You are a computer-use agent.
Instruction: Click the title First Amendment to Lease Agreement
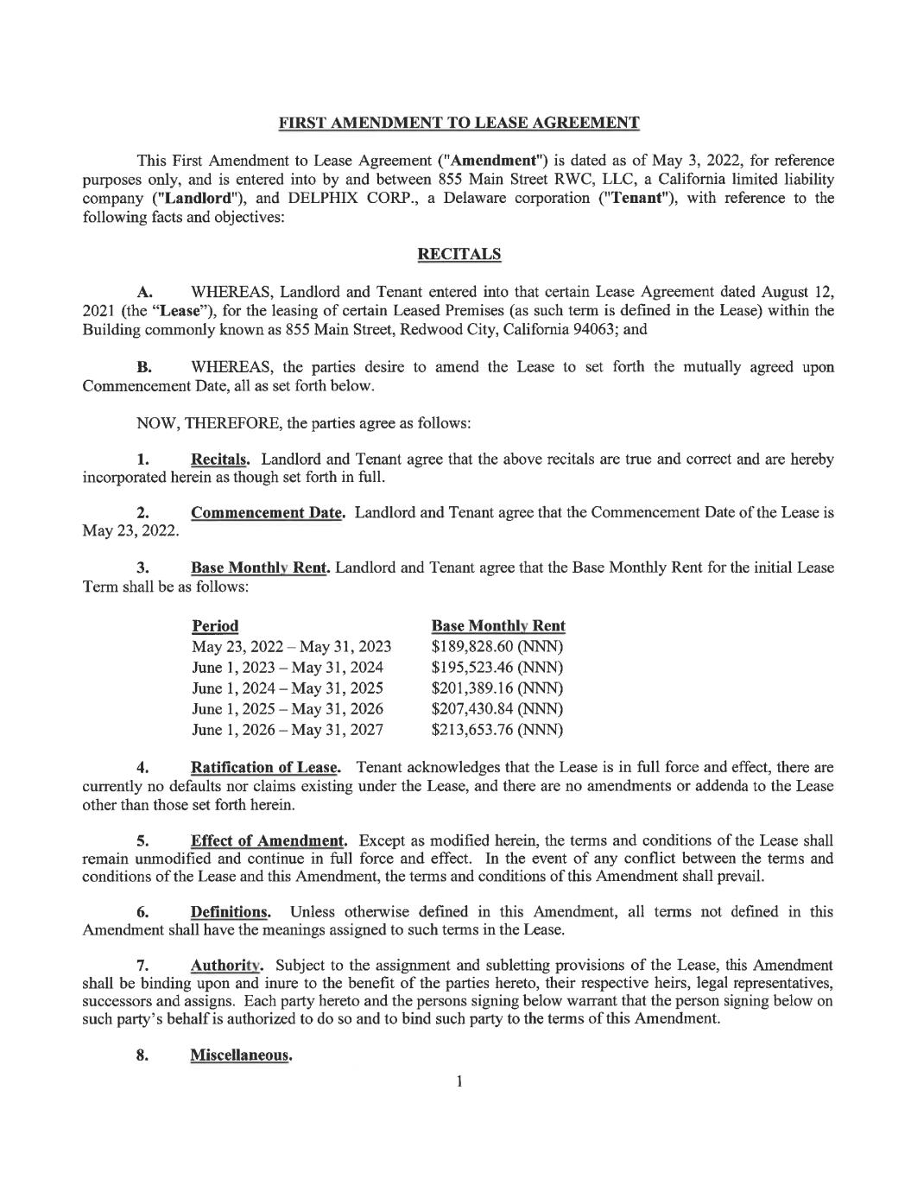(x=459, y=123)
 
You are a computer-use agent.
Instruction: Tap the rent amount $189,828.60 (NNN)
(x=497, y=646)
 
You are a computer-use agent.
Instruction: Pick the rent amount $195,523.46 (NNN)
(x=497, y=667)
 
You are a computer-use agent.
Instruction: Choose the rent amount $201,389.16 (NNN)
(x=497, y=688)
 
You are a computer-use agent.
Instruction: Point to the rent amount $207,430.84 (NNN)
(x=497, y=708)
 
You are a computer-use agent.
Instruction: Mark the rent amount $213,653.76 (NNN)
(x=497, y=730)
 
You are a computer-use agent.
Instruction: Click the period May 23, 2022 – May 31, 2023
(x=291, y=646)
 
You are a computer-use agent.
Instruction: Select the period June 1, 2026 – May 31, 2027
(x=288, y=730)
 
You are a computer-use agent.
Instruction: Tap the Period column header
(x=215, y=625)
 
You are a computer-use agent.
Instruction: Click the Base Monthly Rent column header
(x=498, y=625)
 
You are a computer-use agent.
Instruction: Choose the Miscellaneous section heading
(x=240, y=1055)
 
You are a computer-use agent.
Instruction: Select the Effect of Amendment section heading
(x=269, y=840)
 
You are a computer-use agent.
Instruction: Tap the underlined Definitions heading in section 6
(x=230, y=911)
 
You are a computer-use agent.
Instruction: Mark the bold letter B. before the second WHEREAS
(x=144, y=367)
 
